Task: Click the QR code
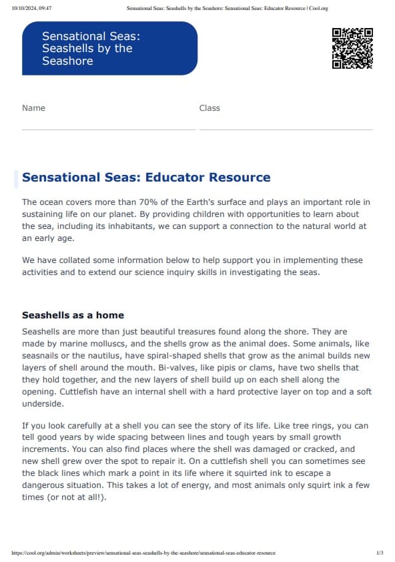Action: pyautogui.click(x=352, y=48)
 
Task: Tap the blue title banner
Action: pyautogui.click(x=109, y=48)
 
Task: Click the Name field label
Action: pyautogui.click(x=33, y=108)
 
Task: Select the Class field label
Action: pyautogui.click(x=210, y=108)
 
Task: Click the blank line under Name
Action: pyautogui.click(x=108, y=129)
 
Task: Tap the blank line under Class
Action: pyautogui.click(x=286, y=129)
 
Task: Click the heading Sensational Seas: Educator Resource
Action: pyautogui.click(x=146, y=178)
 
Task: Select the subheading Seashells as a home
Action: pyautogui.click(x=73, y=315)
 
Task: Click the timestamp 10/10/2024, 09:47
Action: pyautogui.click(x=32, y=9)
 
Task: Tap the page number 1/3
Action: pyautogui.click(x=380, y=553)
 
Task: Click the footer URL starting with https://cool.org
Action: pyautogui.click(x=143, y=553)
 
